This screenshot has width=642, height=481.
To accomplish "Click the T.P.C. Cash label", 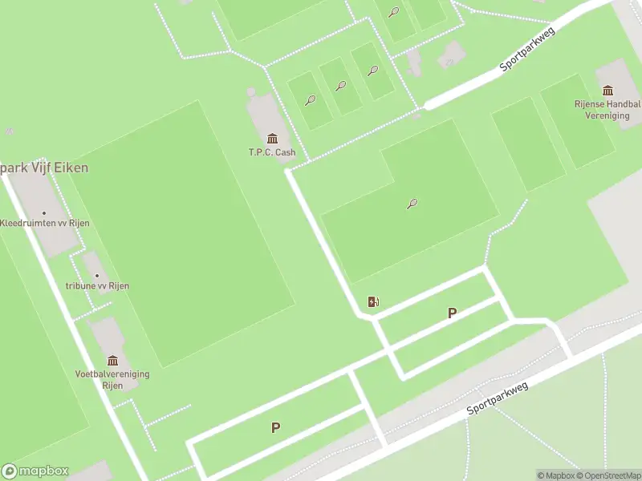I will click(x=272, y=152).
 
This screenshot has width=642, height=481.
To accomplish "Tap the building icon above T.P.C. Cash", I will click(x=272, y=139).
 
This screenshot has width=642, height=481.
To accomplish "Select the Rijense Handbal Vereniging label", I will click(x=607, y=110).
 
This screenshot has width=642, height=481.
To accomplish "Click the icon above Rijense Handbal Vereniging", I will click(x=607, y=90).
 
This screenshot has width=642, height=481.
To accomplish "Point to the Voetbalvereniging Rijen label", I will click(x=112, y=379).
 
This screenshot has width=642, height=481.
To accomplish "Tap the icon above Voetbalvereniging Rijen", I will click(x=112, y=361).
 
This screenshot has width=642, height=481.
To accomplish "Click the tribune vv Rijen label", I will click(x=97, y=286).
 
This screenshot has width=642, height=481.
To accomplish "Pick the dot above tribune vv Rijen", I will click(x=97, y=275).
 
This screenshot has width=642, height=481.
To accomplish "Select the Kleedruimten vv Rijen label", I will click(x=44, y=223).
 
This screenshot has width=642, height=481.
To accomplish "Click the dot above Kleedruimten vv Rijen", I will click(x=44, y=212).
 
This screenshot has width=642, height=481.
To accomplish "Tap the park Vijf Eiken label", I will click(x=44, y=168).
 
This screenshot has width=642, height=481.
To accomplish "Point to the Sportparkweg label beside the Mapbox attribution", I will click(x=498, y=398).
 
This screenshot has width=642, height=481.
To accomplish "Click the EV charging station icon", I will click(x=373, y=301).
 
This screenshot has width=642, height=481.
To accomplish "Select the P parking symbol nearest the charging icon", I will click(x=452, y=313).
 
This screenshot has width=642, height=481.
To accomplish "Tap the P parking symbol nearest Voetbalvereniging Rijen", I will click(x=275, y=428).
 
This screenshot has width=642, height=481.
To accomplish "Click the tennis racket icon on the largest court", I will click(x=412, y=204).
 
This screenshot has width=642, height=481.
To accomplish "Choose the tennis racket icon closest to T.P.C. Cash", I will click(x=310, y=100).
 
